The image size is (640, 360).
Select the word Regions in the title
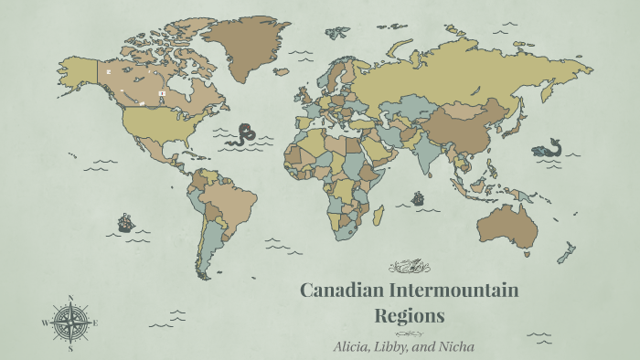(410, 316)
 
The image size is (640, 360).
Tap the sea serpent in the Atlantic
(244, 134)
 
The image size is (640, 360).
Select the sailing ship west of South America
(125, 222)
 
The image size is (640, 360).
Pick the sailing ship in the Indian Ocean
(418, 197)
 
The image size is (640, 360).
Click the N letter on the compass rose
(69, 298)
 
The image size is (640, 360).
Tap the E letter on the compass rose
(95, 323)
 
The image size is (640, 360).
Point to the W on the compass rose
(44, 323)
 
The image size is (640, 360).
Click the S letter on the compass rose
(69, 348)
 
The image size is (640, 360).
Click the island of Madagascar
(378, 215)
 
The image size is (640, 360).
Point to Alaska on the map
(79, 69)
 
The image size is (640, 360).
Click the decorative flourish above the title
(409, 267)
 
